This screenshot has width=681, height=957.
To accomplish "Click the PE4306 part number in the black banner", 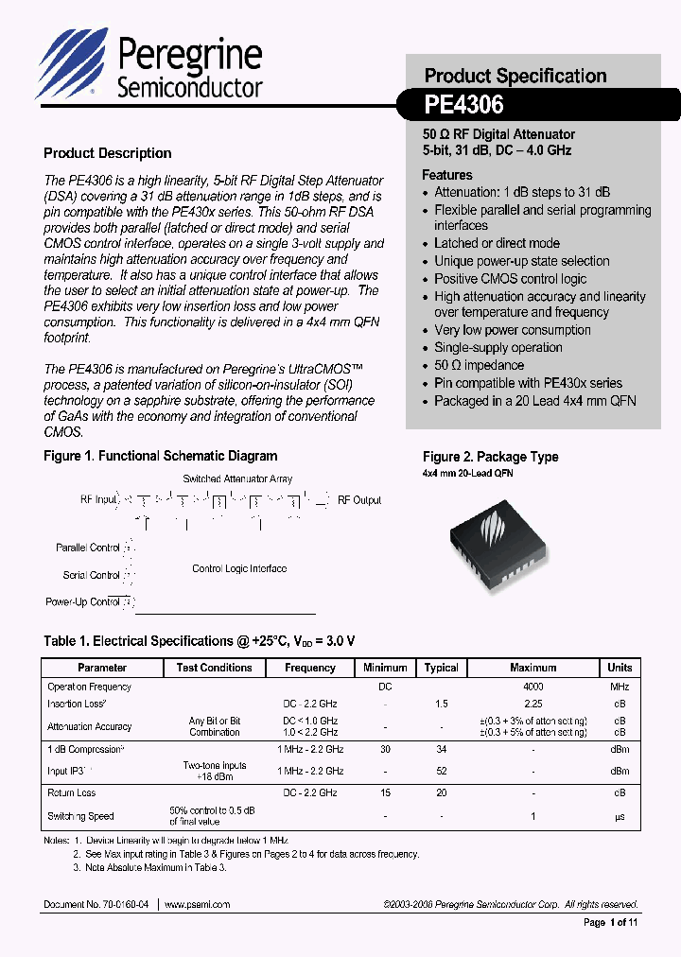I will pyautogui.click(x=463, y=103).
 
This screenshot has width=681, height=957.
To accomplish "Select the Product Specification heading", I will pyautogui.click(x=515, y=76).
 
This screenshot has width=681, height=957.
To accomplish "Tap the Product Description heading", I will pyautogui.click(x=108, y=153).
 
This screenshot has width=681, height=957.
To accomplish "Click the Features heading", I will pyautogui.click(x=447, y=175).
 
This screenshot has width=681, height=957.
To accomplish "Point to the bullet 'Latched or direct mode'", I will pyautogui.click(x=497, y=243).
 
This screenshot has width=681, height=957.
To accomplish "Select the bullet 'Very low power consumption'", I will pyautogui.click(x=512, y=330).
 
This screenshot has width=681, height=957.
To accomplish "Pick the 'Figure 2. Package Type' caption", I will pyautogui.click(x=490, y=457).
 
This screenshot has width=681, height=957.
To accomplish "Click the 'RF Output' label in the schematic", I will pyautogui.click(x=359, y=499).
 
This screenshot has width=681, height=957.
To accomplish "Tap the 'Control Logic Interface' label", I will pyautogui.click(x=239, y=568).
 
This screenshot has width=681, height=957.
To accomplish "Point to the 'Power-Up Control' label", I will pyautogui.click(x=83, y=601).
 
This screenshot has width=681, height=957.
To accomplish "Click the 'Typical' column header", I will pyautogui.click(x=441, y=668).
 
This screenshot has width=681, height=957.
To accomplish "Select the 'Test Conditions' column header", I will pyautogui.click(x=215, y=668).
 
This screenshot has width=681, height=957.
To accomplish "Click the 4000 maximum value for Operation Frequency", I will pyautogui.click(x=533, y=687).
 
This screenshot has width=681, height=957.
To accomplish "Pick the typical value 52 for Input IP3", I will pyautogui.click(x=441, y=771).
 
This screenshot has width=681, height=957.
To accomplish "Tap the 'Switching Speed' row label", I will pyautogui.click(x=80, y=816).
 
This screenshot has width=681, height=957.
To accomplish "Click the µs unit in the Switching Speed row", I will pyautogui.click(x=620, y=816).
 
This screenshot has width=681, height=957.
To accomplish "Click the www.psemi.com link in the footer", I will pyautogui.click(x=198, y=904).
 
